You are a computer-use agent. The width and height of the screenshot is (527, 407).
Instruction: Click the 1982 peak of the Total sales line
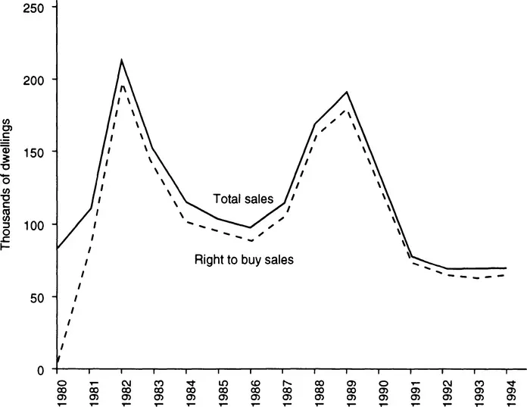pos(121,60)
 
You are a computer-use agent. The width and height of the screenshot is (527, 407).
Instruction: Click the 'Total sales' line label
pos(242,199)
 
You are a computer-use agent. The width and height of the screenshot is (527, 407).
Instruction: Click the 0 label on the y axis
pos(42,369)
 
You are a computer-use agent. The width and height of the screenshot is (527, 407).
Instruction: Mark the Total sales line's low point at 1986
pos(250,227)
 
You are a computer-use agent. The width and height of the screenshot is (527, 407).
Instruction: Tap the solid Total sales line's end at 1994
pos(506,268)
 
